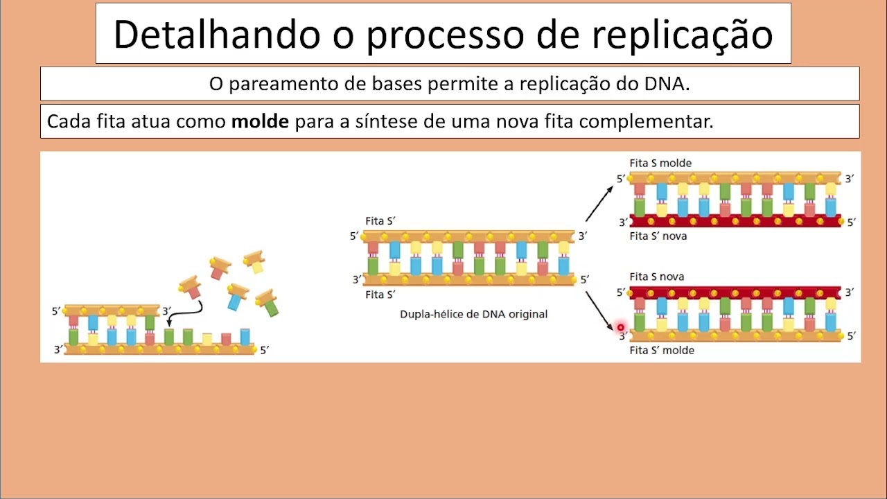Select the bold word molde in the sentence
coord(260,122)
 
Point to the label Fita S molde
coord(660,163)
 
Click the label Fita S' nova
coord(658,236)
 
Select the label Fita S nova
coord(656,277)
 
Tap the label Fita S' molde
coord(662,351)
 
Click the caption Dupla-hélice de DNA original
coord(473,314)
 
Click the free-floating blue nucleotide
coord(237,296)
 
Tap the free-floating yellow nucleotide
coord(255,262)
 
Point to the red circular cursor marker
coord(620,327)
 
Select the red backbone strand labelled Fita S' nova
coord(735,222)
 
